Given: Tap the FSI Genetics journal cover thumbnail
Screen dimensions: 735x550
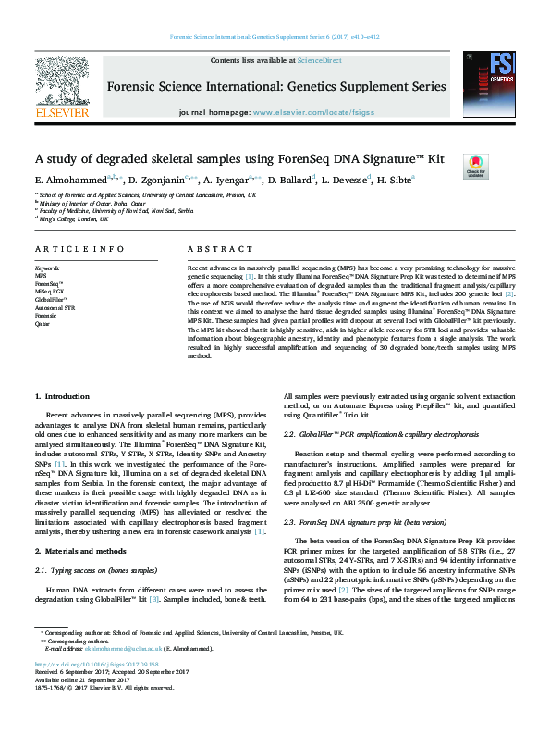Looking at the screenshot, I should [487, 84].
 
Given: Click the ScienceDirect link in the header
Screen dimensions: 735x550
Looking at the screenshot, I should [319, 60].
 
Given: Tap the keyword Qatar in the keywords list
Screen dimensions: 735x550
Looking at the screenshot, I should [42, 324].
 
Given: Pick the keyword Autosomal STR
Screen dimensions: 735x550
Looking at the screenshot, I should [55, 308].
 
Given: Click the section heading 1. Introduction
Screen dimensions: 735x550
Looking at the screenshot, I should [63, 395].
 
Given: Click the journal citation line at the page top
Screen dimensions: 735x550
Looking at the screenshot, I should [274, 38].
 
